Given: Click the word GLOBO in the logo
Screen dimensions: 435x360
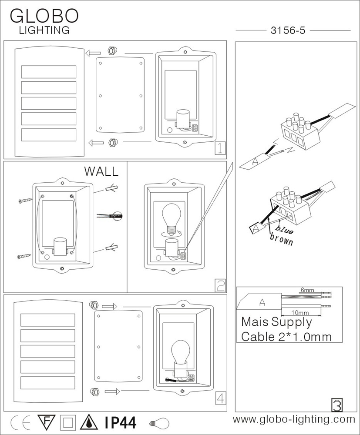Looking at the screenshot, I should tap(44, 16).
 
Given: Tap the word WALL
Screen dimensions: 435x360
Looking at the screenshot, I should tap(101, 171).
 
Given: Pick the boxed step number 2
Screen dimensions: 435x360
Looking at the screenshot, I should tap(220, 285).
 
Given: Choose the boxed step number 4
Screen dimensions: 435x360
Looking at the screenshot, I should tap(221, 397).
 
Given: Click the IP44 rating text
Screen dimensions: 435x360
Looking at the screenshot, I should tap(121, 422).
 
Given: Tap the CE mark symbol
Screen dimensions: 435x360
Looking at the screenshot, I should tap(19, 422).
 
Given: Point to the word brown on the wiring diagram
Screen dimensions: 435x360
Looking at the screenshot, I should tap(281, 240).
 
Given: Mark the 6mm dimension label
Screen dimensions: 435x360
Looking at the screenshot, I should tap(307, 290).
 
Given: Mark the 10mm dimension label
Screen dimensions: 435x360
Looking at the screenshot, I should tap(300, 312).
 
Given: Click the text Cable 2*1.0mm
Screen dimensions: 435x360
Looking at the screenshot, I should tap(286, 336).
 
